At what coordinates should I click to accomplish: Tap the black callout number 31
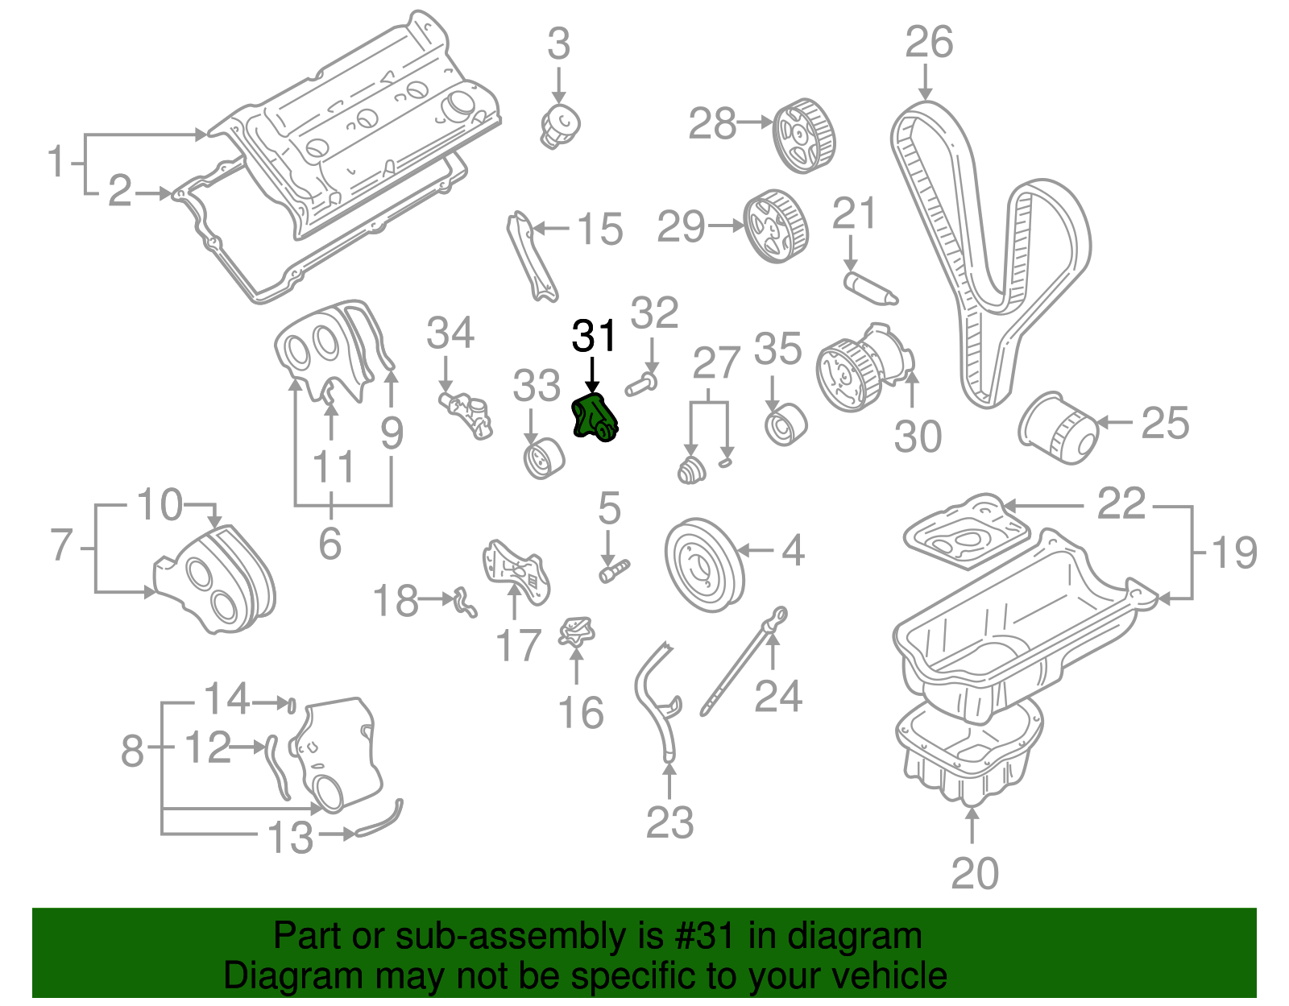(594, 336)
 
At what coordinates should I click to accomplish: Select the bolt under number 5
(614, 571)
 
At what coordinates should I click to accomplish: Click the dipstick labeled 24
(741, 660)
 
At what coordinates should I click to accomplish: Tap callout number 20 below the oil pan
(974, 873)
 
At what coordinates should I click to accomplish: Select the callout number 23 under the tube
(669, 822)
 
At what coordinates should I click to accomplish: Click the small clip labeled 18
(465, 601)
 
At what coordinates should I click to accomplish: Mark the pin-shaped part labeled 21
(871, 289)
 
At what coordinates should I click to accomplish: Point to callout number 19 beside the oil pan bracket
(1233, 553)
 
